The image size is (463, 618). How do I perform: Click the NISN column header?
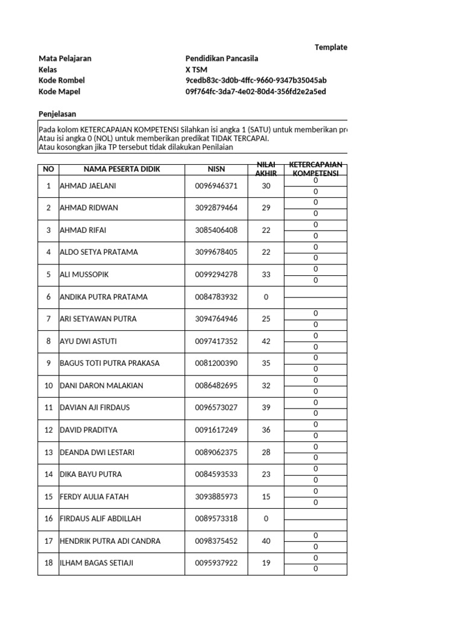216,169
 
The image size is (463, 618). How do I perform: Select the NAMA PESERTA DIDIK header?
122,169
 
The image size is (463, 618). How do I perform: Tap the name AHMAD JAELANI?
87,186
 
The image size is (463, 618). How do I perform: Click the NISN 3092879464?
216,208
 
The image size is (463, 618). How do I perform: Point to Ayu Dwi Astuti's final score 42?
266,342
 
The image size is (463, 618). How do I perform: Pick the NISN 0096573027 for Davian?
216,408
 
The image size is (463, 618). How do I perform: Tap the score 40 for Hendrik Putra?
266,541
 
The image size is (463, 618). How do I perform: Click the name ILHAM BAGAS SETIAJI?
96,564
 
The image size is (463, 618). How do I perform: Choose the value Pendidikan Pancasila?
222,59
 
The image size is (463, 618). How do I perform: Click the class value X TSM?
197,69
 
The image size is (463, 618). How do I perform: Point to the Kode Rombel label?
61,80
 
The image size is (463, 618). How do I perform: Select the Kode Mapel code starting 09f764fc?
256,92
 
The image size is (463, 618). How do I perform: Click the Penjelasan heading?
57,114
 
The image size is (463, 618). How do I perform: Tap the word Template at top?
331,47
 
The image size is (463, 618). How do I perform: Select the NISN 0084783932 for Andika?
216,297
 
